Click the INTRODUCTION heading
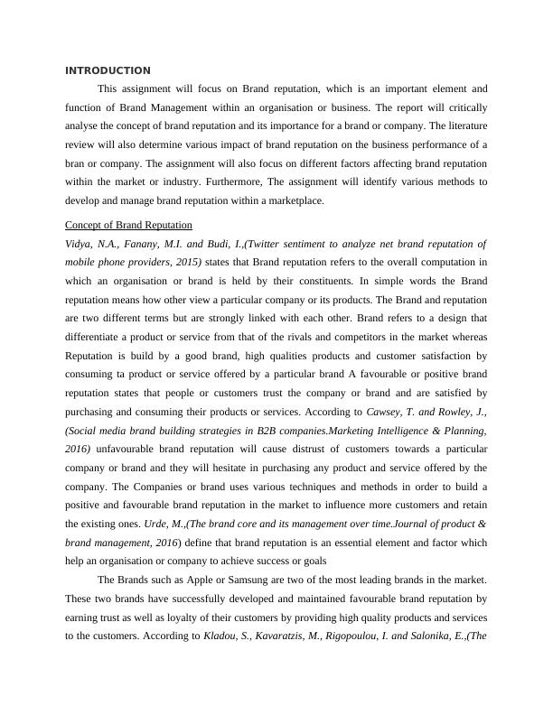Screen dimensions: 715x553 (108, 70)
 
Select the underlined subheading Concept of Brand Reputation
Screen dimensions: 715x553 (128, 225)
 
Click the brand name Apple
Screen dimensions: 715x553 (183, 580)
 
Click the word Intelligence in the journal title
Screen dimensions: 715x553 (405, 431)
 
